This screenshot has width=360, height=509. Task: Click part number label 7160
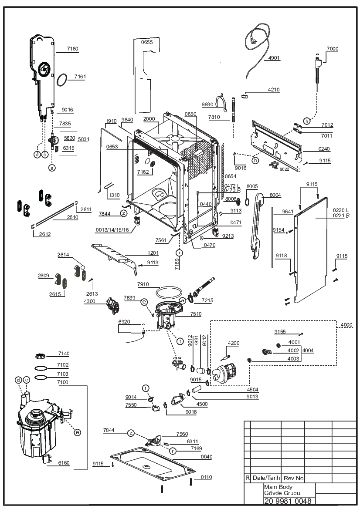pos(73,49)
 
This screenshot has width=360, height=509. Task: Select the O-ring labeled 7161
pos(62,80)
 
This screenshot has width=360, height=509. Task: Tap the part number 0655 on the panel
pos(146,42)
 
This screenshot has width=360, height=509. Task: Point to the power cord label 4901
pos(274,58)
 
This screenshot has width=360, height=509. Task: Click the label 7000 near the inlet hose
pos(333,49)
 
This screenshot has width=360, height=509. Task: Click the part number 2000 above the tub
pos(149,119)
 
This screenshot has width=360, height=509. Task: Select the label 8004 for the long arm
pos(275,195)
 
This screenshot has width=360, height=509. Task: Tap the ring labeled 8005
pos(247,202)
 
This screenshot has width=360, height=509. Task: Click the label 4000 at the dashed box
pos(346,325)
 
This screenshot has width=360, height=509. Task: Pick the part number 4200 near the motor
pos(234,343)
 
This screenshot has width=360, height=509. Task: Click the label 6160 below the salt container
pos(64,463)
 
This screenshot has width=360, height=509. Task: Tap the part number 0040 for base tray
pos(206,457)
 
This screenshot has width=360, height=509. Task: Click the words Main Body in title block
pos(278,487)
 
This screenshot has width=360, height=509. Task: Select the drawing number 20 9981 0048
pos(288,501)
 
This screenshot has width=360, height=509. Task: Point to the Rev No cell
pos(294,478)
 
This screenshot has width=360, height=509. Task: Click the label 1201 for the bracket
pos(153,253)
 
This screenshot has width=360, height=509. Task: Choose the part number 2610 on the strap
pos(72,217)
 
